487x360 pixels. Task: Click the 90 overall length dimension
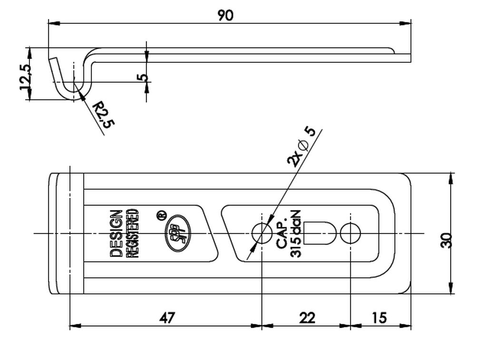tap(225, 16)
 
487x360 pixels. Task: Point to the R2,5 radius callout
tap(104, 114)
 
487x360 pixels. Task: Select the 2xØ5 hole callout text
tap(301, 146)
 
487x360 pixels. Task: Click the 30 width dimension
tap(447, 240)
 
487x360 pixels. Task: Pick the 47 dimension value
tap(167, 318)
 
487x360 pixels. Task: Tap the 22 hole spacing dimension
tap(307, 318)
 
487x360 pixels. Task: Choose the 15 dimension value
tap(379, 318)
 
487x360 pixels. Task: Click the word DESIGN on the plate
tap(116, 234)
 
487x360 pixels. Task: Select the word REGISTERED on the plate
tap(132, 234)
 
